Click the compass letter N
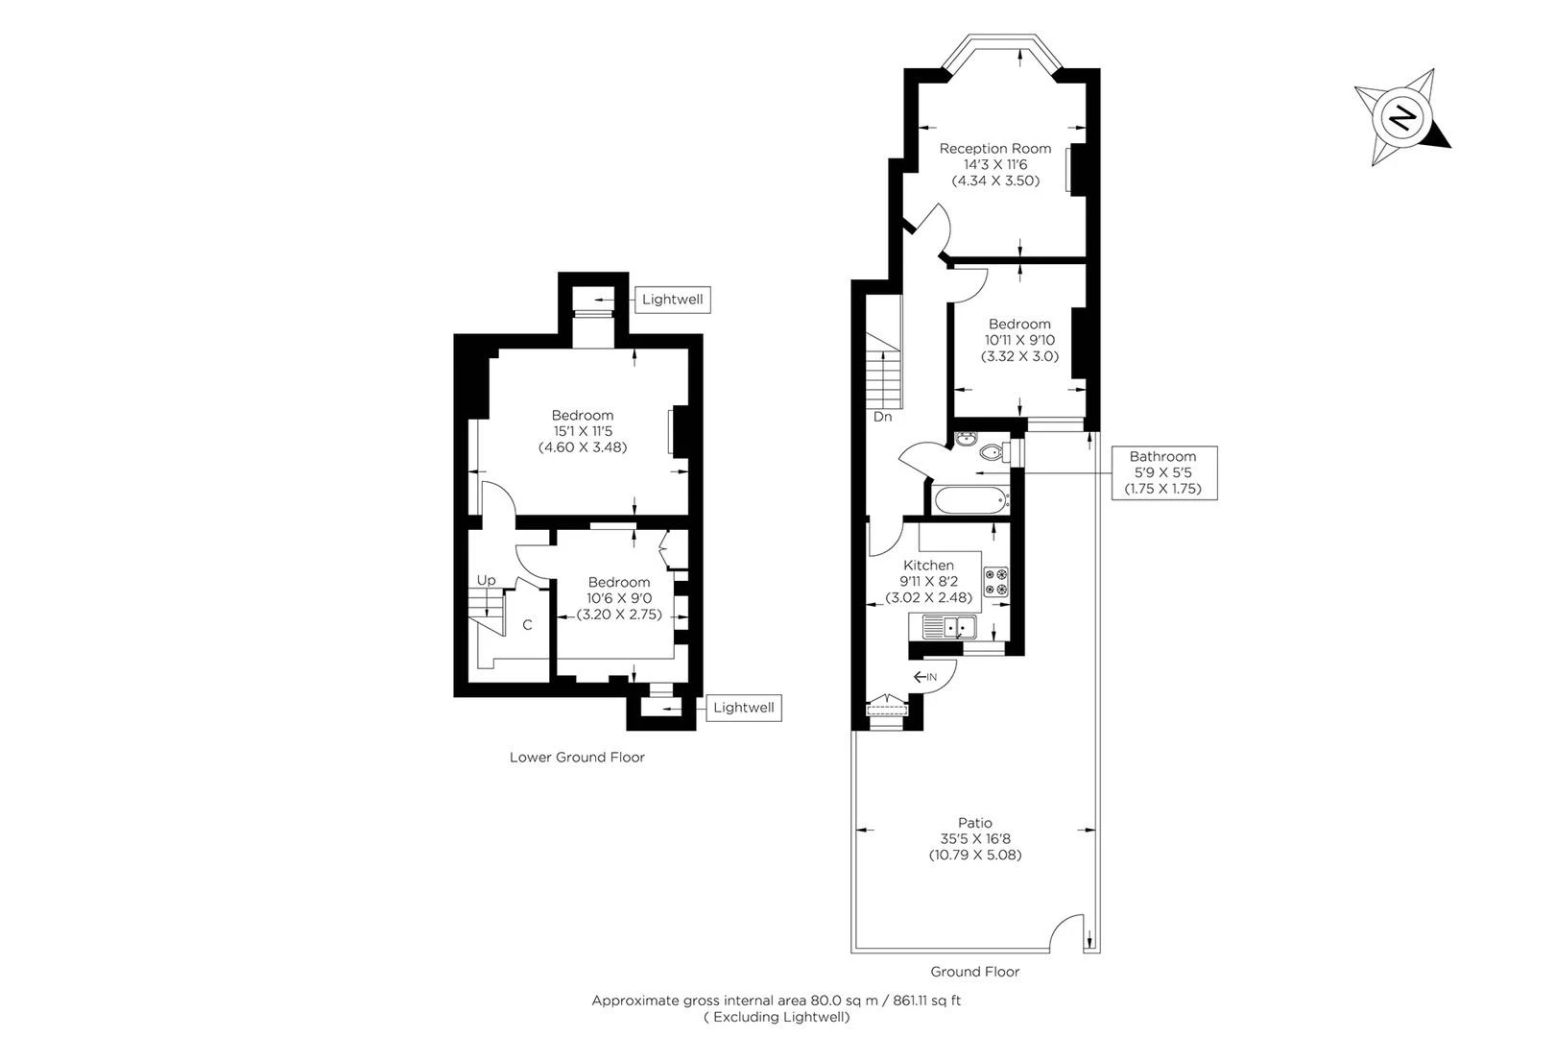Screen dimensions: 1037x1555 1402,118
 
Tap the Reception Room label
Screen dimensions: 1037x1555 994,148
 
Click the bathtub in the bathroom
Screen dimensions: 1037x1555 971,499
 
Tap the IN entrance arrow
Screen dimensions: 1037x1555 925,677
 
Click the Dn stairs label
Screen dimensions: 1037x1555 882,417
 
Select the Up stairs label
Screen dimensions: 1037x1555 486,580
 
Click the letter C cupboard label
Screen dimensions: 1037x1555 527,624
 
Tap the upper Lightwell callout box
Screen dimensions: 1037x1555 672,300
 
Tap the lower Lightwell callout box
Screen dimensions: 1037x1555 743,708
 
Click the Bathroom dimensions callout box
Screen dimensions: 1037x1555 1162,472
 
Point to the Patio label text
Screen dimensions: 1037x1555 974,822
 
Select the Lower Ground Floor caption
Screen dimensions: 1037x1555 577,757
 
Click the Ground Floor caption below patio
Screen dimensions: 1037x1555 974,971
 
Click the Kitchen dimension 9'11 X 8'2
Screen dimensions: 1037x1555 928,581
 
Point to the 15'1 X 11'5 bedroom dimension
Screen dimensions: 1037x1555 583,431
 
